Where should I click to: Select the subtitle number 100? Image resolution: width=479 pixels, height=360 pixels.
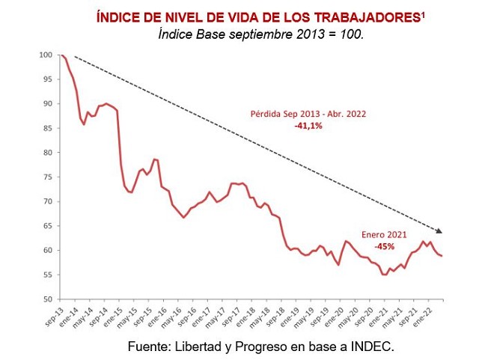tap(352, 35)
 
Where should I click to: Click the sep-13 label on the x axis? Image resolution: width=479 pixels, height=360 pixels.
tap(53, 315)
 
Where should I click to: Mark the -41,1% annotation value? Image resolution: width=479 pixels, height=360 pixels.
tap(308, 126)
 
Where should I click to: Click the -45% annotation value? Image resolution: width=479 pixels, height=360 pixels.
tap(385, 245)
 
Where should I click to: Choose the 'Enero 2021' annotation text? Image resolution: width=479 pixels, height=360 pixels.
tap(384, 234)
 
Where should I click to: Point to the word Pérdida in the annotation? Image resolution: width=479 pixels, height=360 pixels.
tap(266, 115)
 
